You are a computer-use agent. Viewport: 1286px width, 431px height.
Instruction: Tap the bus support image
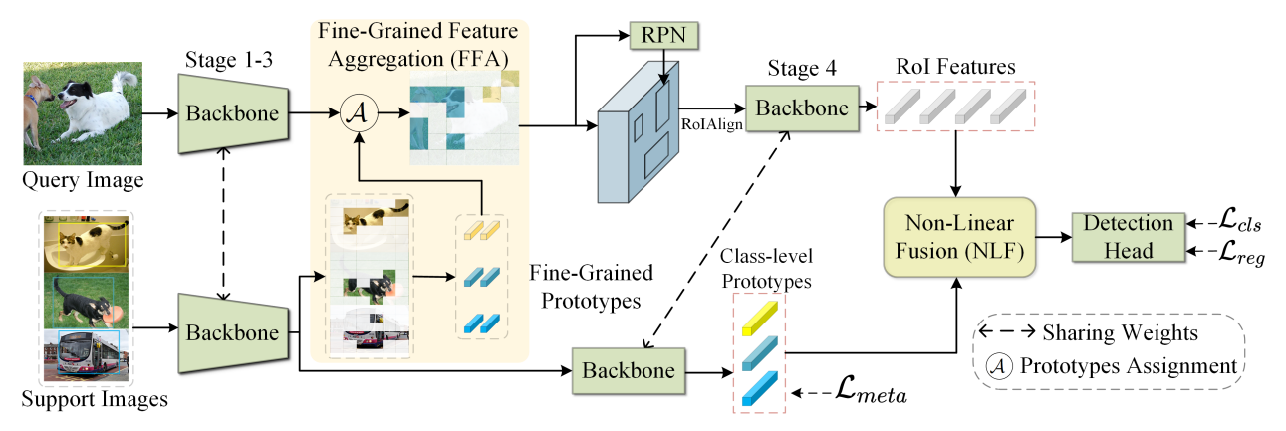(85, 354)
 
